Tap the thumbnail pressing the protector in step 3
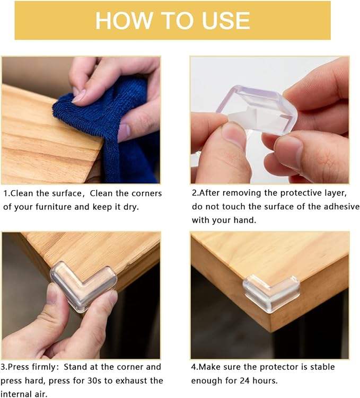(52, 294)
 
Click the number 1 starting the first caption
(5, 193)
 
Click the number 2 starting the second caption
(194, 193)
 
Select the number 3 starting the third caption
(4, 367)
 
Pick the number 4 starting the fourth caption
(194, 367)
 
